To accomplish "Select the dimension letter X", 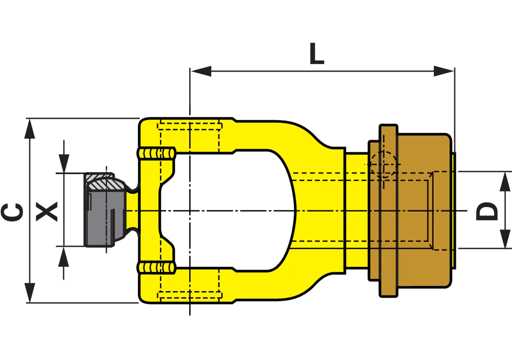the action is (x=47, y=212).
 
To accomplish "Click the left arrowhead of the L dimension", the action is (x=201, y=71).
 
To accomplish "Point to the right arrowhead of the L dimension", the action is (x=444, y=71).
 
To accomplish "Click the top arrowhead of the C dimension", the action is (x=30, y=129).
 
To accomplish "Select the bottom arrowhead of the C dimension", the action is (x=30, y=293).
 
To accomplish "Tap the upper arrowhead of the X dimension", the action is (x=64, y=164).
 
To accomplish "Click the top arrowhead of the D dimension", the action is (x=505, y=182).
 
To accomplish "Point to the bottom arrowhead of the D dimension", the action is (x=505, y=239).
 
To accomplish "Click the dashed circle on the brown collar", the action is (x=384, y=164).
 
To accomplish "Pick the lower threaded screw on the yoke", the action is (x=156, y=268).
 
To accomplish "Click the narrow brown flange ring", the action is (x=388, y=211).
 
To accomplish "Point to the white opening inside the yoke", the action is (x=228, y=211).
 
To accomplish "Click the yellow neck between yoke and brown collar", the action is (x=357, y=211).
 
